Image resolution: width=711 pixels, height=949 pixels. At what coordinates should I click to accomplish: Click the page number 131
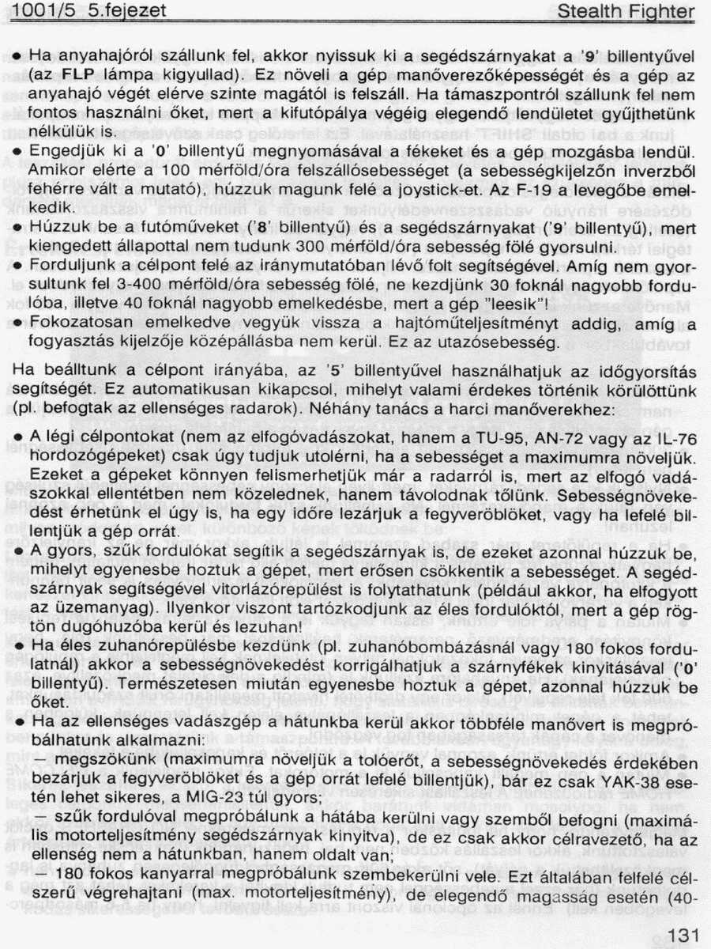click(x=681, y=935)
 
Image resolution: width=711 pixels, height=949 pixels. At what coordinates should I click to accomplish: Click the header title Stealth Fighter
click(x=626, y=12)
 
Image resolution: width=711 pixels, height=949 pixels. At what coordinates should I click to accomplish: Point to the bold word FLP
click(x=78, y=77)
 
